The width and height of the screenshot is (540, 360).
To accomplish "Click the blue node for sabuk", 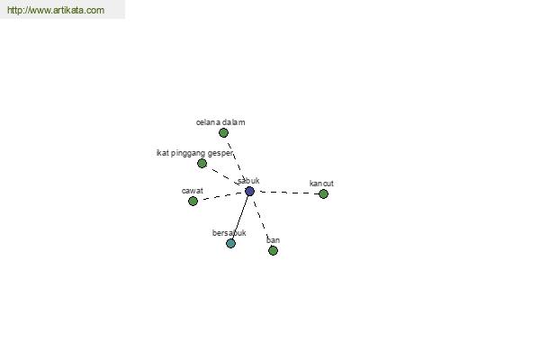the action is (249, 191).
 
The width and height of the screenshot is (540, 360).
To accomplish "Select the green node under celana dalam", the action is (223, 132).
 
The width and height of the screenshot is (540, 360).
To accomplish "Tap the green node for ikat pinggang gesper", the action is (202, 163).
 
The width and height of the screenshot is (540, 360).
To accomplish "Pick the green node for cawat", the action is (193, 201).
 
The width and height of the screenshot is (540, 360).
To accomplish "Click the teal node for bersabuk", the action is (230, 244).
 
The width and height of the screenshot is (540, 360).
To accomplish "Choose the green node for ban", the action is (273, 250).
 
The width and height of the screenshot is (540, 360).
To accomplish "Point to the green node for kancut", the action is (323, 194).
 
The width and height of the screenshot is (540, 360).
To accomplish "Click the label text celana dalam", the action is (220, 122).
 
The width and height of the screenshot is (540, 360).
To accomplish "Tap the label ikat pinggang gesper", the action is (194, 153).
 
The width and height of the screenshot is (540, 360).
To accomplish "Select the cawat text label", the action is (193, 191).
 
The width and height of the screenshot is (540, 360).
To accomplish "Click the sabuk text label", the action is (248, 181).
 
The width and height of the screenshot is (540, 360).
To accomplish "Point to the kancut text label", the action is (321, 184).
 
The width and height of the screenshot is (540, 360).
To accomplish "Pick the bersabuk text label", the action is (229, 233).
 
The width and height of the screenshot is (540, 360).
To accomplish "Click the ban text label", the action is (273, 240).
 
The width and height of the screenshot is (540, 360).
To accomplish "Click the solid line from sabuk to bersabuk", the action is (240, 218).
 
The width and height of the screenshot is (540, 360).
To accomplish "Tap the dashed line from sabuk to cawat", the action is (222, 196).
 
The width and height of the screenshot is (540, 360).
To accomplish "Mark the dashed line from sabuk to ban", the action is (261, 221).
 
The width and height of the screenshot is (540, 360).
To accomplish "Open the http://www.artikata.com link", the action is (56, 10).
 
